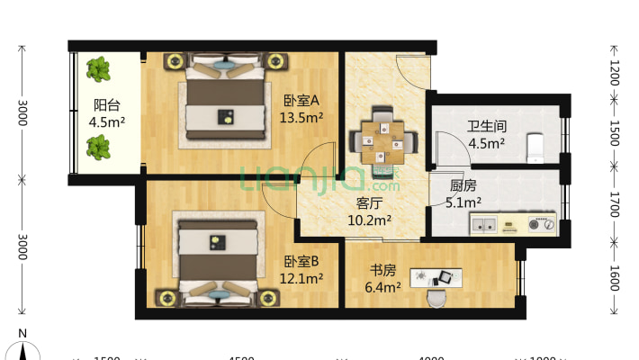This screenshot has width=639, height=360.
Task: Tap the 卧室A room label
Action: point(302,100)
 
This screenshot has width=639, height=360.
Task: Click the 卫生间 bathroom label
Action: point(485,126)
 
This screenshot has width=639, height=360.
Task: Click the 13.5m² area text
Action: point(302,116)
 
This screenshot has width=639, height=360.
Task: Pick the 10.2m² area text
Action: point(370,219)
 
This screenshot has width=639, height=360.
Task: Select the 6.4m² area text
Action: point(382,287)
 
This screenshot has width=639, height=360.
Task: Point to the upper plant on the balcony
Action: point(98,68)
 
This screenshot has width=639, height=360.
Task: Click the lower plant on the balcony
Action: point(98,147)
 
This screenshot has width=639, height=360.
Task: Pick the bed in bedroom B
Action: point(220,258)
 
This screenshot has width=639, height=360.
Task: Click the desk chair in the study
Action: point(437,297)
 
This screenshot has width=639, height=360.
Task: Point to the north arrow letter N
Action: point(22,334)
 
